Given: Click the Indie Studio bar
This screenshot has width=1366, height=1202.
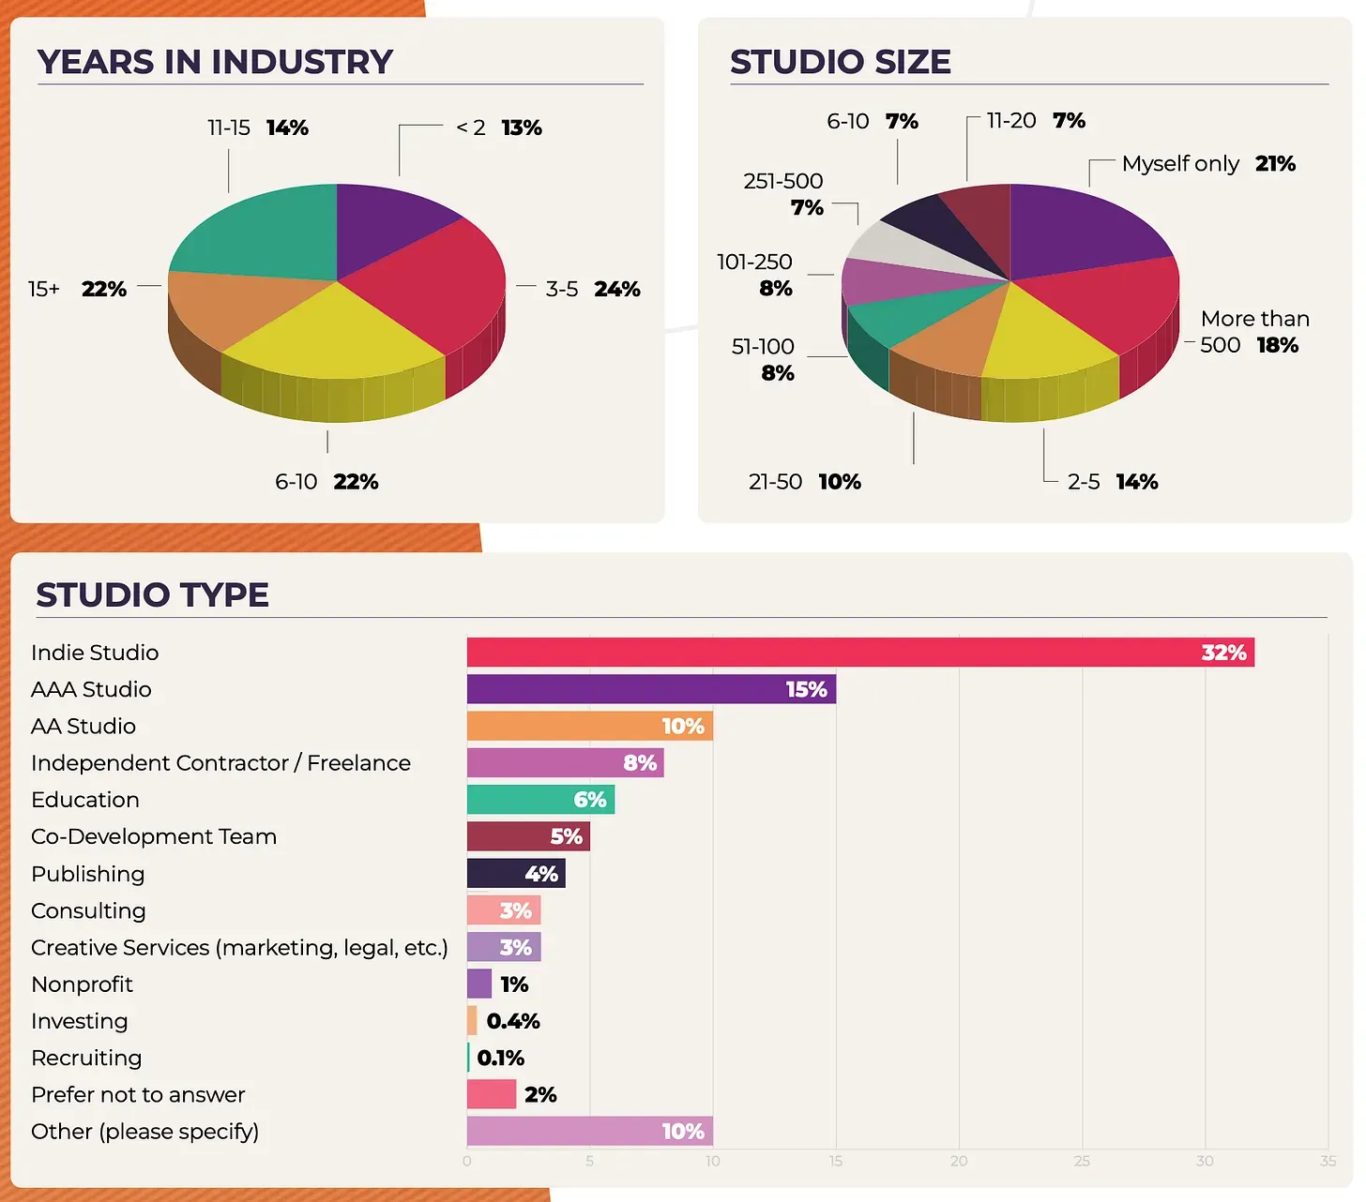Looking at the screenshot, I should (859, 653).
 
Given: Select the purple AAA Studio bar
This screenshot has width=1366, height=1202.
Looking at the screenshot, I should (651, 689).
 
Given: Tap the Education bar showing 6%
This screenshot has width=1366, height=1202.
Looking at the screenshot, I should (540, 800).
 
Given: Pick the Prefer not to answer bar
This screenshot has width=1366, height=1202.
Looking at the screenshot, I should (492, 1094).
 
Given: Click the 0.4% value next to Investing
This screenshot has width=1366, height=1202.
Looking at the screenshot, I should (513, 1021).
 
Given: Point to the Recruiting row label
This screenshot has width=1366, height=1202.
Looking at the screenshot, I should (86, 1058).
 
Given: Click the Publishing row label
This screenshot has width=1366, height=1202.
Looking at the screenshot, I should (88, 874).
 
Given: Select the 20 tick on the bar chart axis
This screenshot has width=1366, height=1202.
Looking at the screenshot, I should (959, 1161).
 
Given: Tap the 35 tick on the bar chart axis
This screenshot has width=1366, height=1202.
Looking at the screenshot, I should (1328, 1161).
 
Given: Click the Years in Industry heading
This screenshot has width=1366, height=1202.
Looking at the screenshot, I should (215, 62).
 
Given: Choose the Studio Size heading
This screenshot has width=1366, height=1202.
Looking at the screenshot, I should (840, 62).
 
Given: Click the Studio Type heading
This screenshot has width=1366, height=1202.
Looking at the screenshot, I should (152, 594).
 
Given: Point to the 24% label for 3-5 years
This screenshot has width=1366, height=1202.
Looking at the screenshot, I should (616, 289).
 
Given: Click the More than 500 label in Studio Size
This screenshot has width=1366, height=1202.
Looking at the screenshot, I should (1254, 332).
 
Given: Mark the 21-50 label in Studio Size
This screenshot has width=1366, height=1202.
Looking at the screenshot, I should (775, 482).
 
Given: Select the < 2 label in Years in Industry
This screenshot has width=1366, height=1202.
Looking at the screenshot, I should (470, 128).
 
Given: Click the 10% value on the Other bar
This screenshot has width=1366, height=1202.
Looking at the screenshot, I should (682, 1132).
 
